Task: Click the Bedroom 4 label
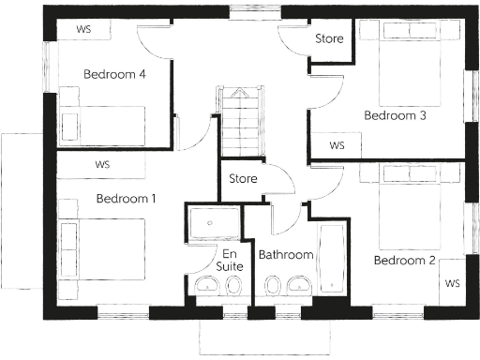[113, 74]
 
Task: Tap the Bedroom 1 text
[126, 199]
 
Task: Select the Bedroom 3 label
[395, 116]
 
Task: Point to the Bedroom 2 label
[404, 260]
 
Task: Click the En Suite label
[231, 260]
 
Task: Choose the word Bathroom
[286, 254]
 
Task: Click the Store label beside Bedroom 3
[328, 39]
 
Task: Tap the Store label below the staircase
[243, 177]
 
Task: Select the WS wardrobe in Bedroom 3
[337, 145]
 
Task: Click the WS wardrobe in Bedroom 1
[103, 165]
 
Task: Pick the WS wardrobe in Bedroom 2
[452, 282]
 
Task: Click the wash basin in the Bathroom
[299, 285]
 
